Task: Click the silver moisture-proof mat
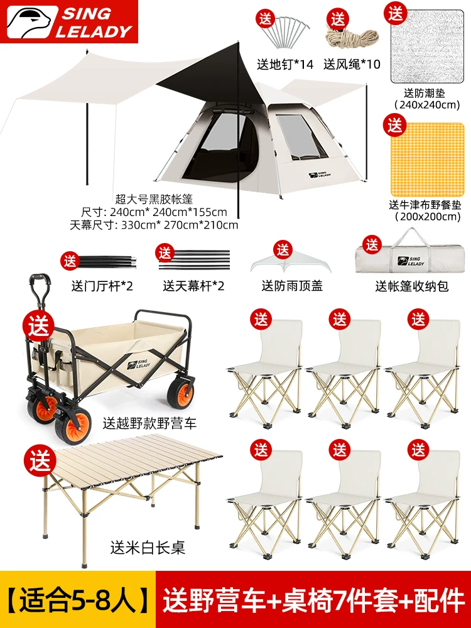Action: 428,47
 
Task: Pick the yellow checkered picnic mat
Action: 428,160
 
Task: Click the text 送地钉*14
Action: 284,64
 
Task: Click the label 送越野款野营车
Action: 149,423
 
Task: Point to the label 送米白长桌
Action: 148,548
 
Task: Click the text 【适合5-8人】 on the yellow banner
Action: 77,600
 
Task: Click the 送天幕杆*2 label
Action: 193,286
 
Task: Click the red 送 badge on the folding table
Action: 40,460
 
